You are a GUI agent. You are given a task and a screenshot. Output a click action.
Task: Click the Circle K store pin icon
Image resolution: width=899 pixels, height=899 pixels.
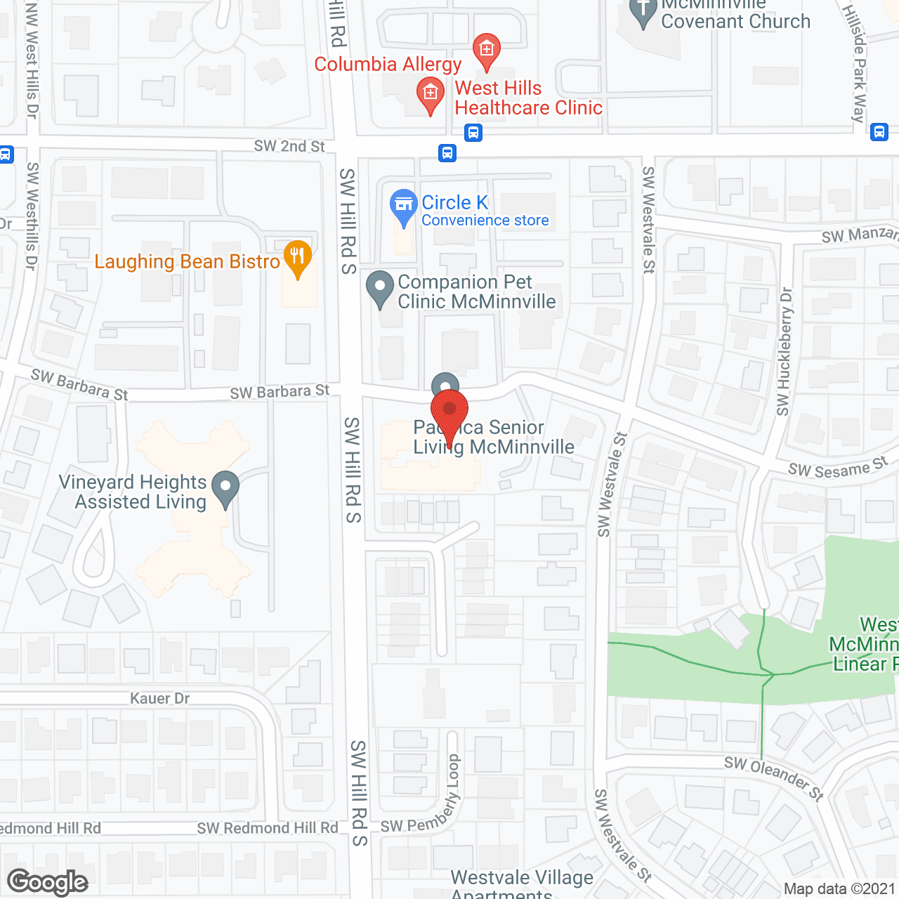pyautogui.click(x=404, y=205)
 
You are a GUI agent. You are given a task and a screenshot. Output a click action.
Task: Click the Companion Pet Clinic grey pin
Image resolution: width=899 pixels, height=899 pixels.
pyautogui.click(x=380, y=287)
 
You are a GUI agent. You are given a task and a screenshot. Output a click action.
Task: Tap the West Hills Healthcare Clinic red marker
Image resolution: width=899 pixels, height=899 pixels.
pyautogui.click(x=430, y=93)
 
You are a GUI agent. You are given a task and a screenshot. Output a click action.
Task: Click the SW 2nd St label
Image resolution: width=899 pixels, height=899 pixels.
pyautogui.click(x=289, y=146)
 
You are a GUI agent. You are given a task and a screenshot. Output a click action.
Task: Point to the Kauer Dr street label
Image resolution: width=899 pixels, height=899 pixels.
pyautogui.click(x=159, y=698)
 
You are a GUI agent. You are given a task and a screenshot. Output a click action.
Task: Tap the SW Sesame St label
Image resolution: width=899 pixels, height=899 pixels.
pyautogui.click(x=837, y=468)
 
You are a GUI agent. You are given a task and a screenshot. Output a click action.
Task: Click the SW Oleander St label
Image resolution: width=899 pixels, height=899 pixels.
pyautogui.click(x=773, y=777)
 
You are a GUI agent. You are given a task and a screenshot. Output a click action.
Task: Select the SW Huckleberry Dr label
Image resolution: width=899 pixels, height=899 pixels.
pyautogui.click(x=784, y=351)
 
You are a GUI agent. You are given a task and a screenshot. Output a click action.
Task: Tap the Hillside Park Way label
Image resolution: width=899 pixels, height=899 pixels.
pyautogui.click(x=855, y=63)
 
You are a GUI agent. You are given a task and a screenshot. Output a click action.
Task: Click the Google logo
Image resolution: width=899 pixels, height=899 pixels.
pyautogui.click(x=48, y=882)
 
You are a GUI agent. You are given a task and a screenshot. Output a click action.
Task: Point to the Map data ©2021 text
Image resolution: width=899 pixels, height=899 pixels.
pyautogui.click(x=839, y=889)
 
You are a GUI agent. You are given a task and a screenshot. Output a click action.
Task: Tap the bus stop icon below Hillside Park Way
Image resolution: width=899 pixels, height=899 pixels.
pyautogui.click(x=879, y=131)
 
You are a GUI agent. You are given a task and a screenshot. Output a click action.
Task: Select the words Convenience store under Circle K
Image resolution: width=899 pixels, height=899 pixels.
pyautogui.click(x=485, y=221)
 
